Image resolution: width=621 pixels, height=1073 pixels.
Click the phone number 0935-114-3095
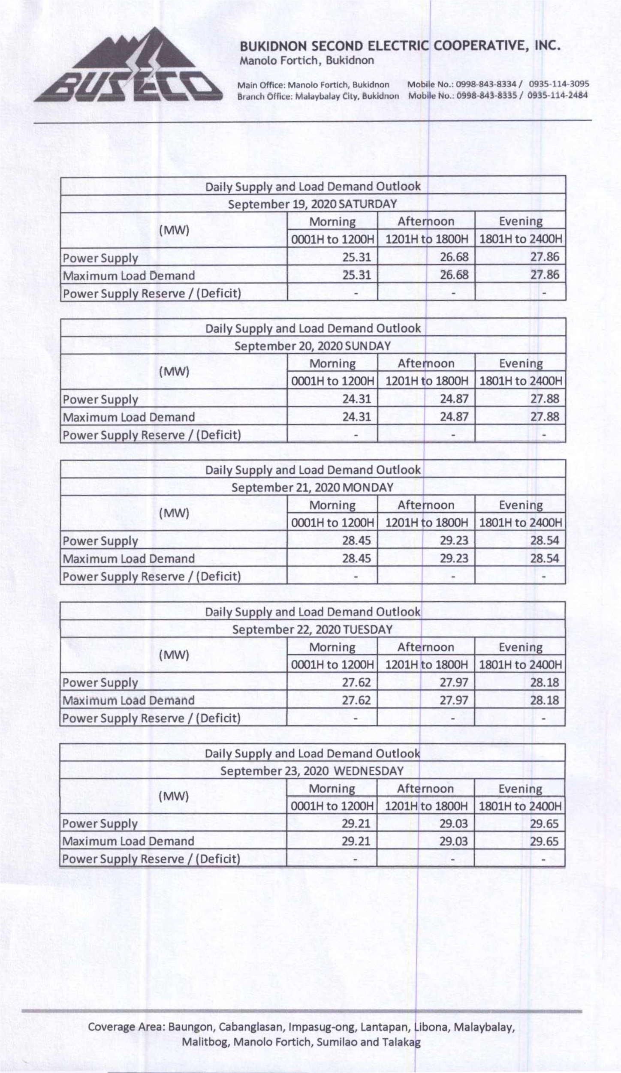(559, 84)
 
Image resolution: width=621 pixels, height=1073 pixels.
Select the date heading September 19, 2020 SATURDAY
(312, 204)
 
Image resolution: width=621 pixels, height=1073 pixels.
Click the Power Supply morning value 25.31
(356, 257)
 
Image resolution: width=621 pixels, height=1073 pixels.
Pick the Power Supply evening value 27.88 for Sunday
(545, 399)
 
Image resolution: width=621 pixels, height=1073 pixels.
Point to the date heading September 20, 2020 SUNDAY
(312, 346)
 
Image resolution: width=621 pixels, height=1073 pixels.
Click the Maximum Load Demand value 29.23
(454, 558)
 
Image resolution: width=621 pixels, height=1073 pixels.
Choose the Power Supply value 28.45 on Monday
(356, 541)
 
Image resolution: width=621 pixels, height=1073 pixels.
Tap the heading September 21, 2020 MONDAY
(312, 487)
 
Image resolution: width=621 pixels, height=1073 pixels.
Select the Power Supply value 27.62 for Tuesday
(356, 682)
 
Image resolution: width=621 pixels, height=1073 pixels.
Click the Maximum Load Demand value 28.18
(545, 700)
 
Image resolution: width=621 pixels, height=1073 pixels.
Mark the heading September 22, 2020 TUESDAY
(312, 629)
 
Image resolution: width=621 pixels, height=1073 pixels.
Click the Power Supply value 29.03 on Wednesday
(453, 823)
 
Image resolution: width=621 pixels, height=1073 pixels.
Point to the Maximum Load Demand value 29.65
(544, 841)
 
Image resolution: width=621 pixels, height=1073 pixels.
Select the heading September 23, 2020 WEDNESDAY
(312, 771)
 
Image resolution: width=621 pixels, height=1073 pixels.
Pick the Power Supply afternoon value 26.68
(454, 257)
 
